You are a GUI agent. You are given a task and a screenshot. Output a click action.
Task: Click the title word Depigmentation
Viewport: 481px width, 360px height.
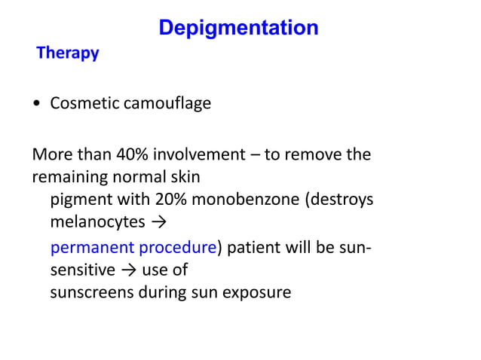(238, 29)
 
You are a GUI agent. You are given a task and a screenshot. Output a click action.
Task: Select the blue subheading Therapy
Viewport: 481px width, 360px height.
(68, 54)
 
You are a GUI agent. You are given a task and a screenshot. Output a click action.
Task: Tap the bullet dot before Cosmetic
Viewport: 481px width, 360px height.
(37, 103)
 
